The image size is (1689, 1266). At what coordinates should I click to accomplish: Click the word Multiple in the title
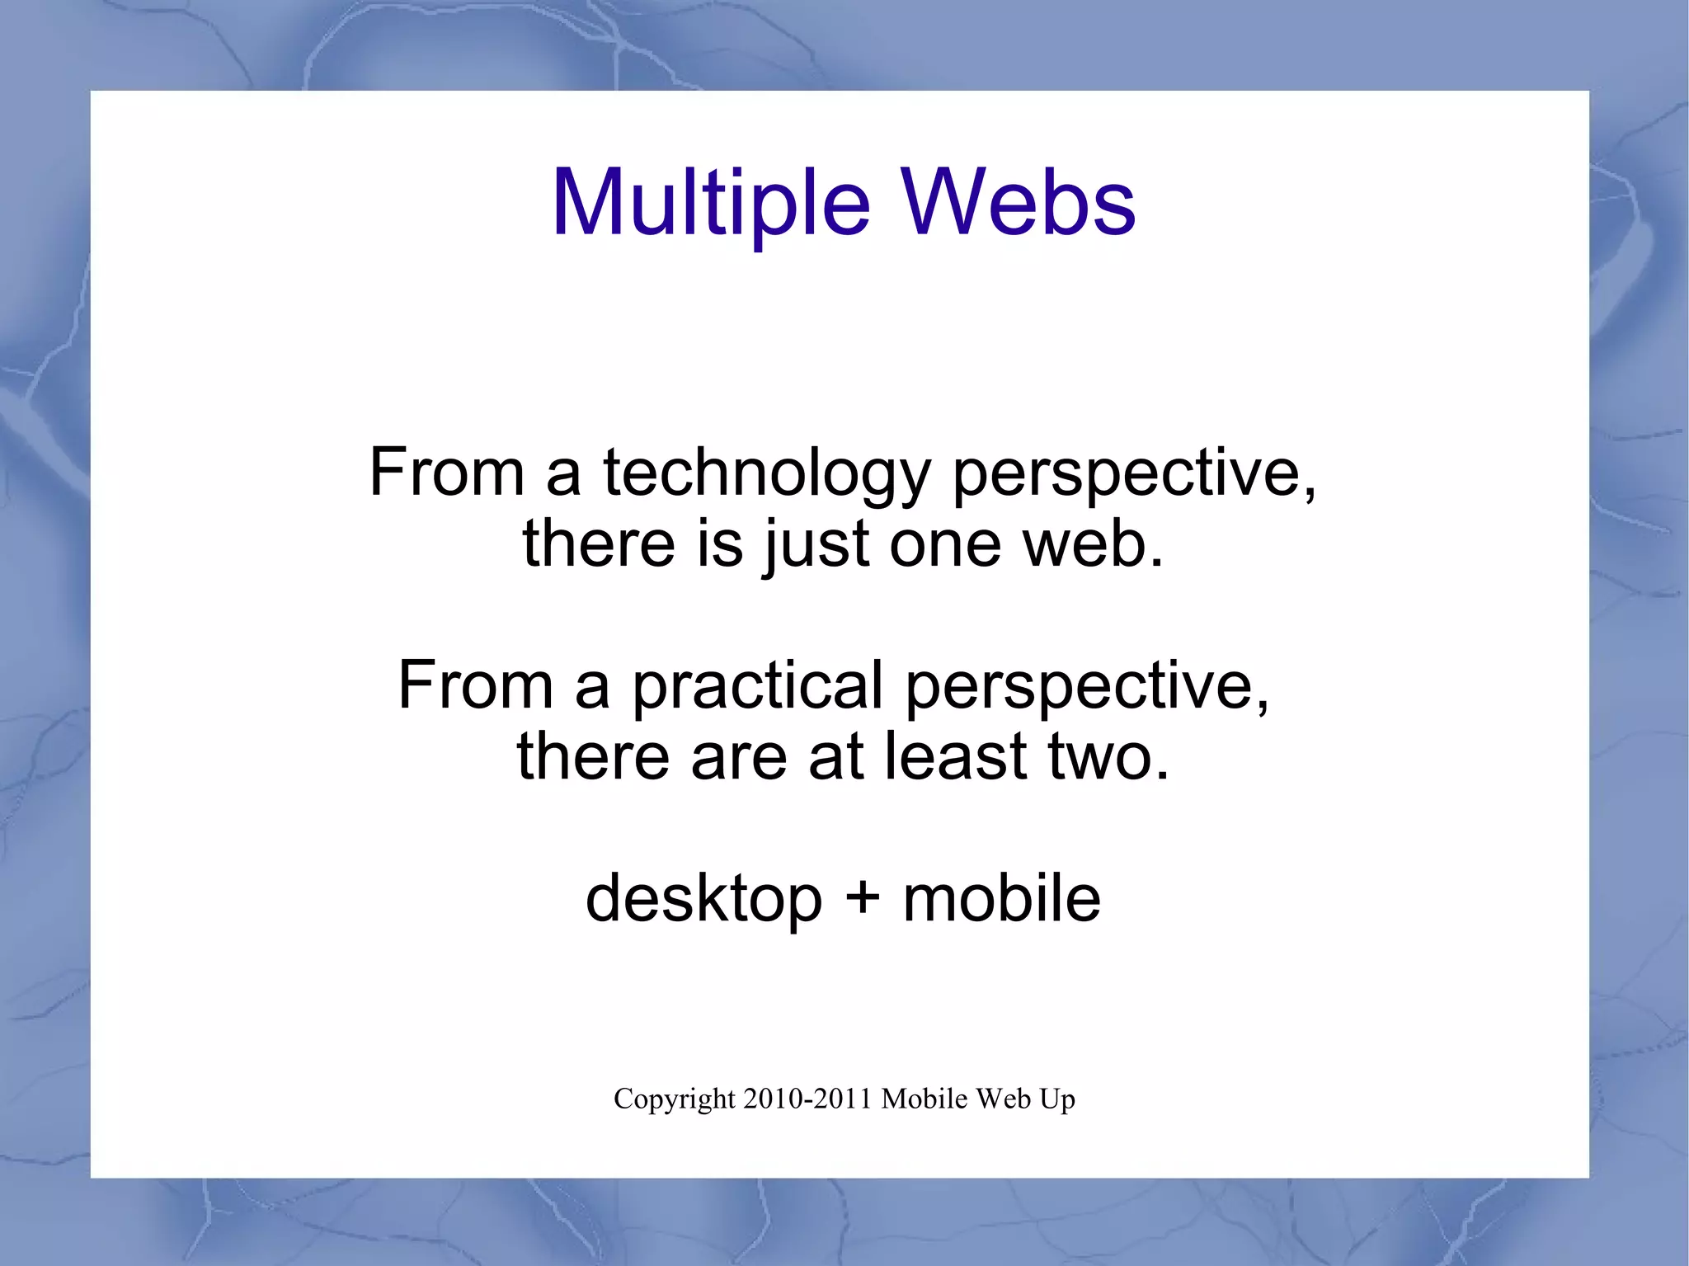click(710, 203)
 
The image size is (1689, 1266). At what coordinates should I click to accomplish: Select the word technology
click(767, 473)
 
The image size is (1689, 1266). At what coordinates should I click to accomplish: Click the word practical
click(757, 686)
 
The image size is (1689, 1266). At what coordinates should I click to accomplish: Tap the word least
click(956, 757)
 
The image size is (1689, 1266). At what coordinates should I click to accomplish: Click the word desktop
click(703, 899)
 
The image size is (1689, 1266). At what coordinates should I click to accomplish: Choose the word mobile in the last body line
click(1001, 899)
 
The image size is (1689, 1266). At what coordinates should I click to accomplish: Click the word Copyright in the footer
click(674, 1099)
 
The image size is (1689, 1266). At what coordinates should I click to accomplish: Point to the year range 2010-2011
click(807, 1099)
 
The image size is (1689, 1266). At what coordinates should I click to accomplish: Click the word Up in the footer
click(1058, 1099)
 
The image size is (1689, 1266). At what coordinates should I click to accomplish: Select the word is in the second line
click(719, 545)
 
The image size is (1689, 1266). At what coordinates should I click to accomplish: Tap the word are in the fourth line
click(739, 757)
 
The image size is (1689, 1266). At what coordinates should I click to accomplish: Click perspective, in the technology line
click(1134, 473)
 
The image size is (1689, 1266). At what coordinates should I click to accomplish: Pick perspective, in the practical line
click(1087, 686)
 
